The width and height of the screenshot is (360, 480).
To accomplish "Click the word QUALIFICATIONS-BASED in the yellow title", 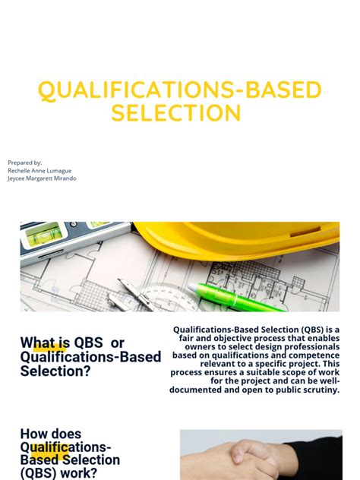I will (180, 90).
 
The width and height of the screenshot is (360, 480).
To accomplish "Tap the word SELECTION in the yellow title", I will (176, 113).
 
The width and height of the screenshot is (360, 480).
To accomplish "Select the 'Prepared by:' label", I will (25, 163).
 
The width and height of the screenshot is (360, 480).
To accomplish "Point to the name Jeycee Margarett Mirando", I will (42, 179).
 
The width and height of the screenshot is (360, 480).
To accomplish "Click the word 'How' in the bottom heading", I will (35, 434).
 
